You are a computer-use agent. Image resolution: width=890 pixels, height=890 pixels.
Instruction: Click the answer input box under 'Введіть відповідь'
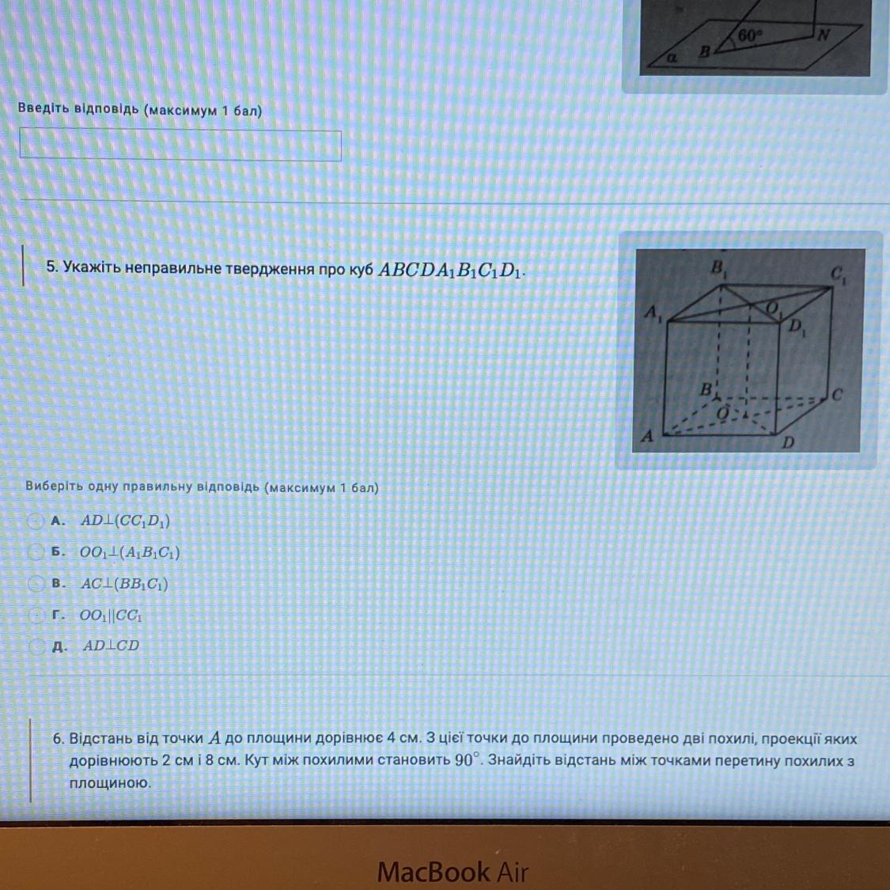tap(180, 146)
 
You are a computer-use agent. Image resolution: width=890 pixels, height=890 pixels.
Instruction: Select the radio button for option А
tap(36, 521)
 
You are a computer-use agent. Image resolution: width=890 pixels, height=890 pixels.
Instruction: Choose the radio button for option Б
tap(36, 551)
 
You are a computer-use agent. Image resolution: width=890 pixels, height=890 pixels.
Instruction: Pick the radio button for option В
tap(36, 583)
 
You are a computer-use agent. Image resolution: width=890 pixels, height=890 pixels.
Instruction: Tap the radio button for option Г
tap(36, 615)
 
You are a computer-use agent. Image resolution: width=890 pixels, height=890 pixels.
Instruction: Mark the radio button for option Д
tap(37, 646)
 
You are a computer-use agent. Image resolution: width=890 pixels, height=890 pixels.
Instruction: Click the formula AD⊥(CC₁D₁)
tap(126, 521)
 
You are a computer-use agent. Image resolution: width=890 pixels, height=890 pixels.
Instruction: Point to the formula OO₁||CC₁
tap(112, 615)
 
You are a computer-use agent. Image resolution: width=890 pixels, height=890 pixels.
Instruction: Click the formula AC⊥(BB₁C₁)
tap(124, 584)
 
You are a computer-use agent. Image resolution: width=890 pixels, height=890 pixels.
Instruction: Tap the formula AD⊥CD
tap(111, 646)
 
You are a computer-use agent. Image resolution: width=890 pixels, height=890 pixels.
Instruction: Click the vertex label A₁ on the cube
tap(653, 314)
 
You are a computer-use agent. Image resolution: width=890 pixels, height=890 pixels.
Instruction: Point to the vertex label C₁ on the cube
tap(839, 275)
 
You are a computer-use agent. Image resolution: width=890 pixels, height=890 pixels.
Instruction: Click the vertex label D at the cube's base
tap(788, 442)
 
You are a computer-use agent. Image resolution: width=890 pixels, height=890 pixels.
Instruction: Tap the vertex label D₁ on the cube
tap(797, 328)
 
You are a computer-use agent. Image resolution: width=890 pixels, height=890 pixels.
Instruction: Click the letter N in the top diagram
tap(824, 35)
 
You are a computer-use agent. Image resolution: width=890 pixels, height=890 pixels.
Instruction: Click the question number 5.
tap(52, 267)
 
